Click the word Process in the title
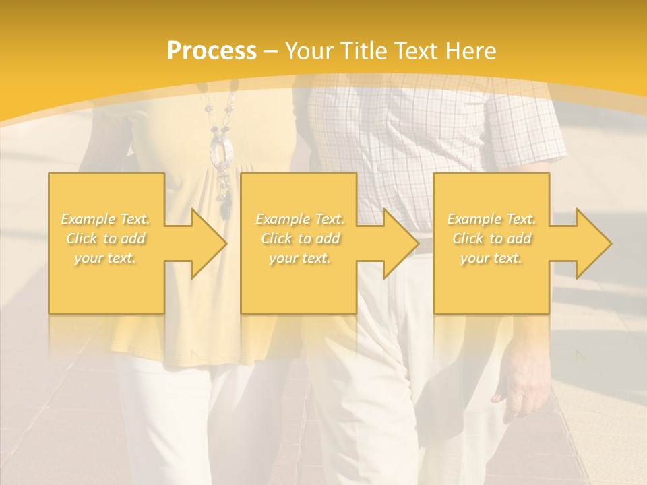click(x=212, y=51)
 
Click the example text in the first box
click(x=106, y=238)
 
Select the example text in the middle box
click(x=299, y=238)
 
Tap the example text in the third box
click(x=491, y=238)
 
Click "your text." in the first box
click(x=106, y=258)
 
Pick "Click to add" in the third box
click(x=491, y=238)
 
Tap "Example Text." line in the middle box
click(x=299, y=219)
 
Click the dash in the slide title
click(x=271, y=51)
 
